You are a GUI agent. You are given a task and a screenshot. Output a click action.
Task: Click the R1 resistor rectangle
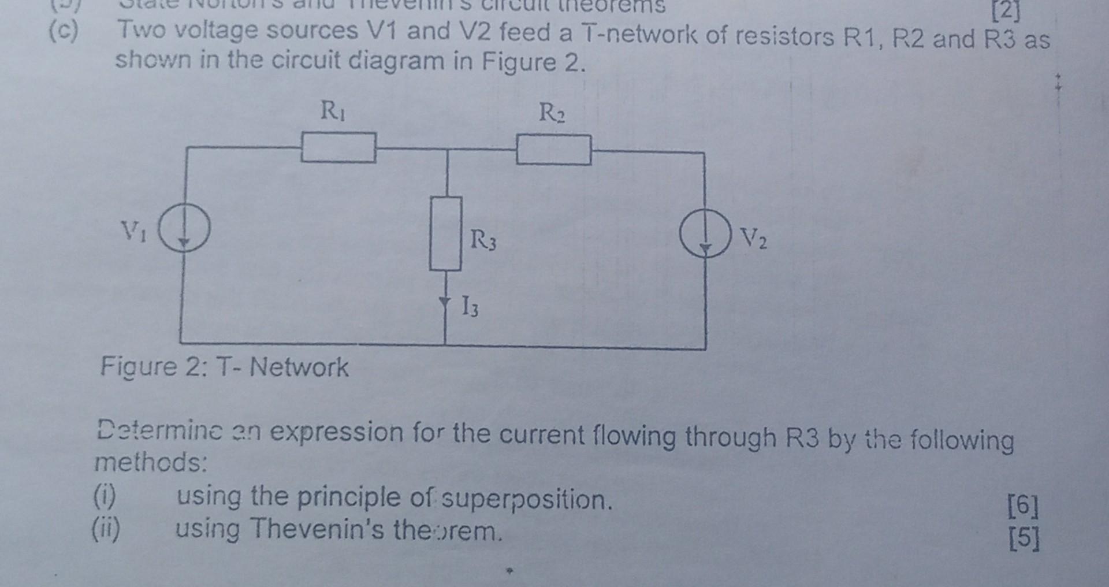click(338, 147)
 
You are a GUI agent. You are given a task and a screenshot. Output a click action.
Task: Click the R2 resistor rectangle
click(553, 150)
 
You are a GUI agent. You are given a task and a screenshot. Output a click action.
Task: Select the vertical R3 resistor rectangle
click(445, 233)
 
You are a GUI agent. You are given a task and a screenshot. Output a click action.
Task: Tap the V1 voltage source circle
click(184, 229)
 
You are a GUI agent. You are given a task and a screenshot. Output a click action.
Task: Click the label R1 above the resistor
click(332, 110)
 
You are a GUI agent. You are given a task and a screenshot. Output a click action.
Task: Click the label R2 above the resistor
click(552, 113)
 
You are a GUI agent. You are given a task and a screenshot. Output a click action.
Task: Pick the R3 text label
click(483, 240)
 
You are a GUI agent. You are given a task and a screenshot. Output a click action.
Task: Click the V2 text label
click(754, 238)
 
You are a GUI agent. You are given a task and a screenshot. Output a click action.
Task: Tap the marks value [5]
click(1023, 539)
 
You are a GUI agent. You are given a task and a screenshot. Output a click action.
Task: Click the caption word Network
click(299, 367)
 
